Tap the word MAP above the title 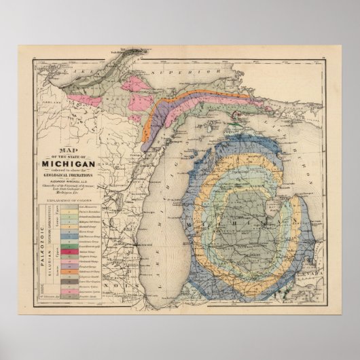[x=68, y=151]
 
